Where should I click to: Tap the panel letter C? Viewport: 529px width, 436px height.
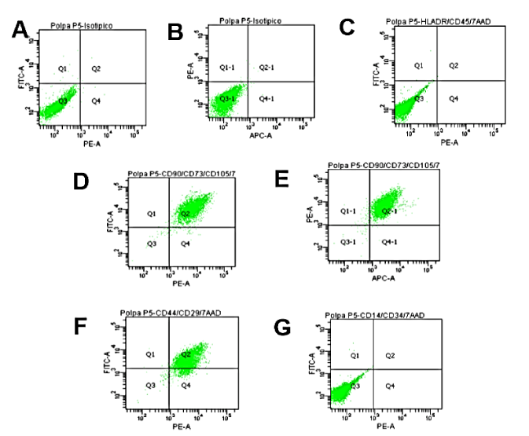click(x=347, y=28)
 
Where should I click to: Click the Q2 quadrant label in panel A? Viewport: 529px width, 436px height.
click(x=96, y=69)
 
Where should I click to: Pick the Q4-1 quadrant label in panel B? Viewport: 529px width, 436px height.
click(x=266, y=99)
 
